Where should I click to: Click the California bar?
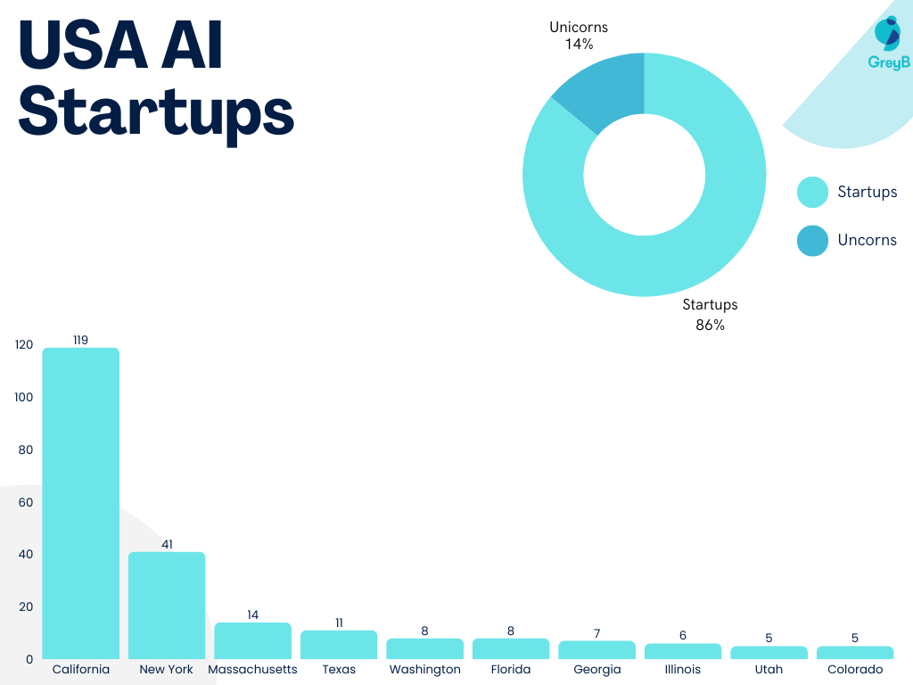(x=81, y=503)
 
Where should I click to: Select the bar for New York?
(x=167, y=606)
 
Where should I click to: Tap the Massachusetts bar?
(x=252, y=641)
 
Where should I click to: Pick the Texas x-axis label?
(x=339, y=670)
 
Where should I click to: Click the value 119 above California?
(x=81, y=340)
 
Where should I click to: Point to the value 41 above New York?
(x=167, y=544)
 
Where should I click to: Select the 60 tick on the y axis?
(x=25, y=502)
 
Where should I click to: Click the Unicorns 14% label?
(x=579, y=36)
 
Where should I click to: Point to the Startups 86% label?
(x=710, y=315)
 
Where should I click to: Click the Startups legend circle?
(x=812, y=193)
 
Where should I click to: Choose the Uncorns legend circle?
(x=812, y=241)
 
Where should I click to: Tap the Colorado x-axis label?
(x=855, y=670)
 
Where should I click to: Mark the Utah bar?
(x=769, y=653)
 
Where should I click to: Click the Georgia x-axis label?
(x=596, y=670)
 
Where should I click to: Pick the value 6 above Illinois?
(x=683, y=635)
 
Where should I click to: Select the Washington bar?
(x=424, y=648)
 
